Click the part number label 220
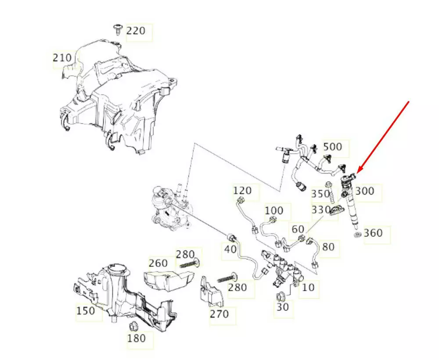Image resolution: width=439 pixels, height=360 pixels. (x=135, y=31)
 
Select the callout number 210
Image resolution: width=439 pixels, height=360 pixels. (x=62, y=58)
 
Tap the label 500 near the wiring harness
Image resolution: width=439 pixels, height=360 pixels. (x=332, y=147)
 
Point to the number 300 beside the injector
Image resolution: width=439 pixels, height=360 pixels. (x=364, y=191)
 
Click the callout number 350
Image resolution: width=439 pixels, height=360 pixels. (x=320, y=194)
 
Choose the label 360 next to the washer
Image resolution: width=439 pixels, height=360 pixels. (x=373, y=233)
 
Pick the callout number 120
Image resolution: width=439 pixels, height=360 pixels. (x=242, y=191)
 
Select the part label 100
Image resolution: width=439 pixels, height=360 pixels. (x=274, y=211)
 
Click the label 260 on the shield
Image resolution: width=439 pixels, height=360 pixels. (x=158, y=263)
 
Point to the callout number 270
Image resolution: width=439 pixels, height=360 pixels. (x=219, y=314)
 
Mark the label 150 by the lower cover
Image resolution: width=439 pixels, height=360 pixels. (x=85, y=311)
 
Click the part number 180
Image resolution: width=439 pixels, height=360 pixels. (x=136, y=338)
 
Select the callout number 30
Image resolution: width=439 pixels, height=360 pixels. (x=283, y=307)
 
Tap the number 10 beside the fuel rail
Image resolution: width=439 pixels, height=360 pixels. (x=309, y=288)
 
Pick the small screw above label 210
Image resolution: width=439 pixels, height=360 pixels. (x=117, y=29)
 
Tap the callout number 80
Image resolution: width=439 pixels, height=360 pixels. (x=328, y=247)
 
